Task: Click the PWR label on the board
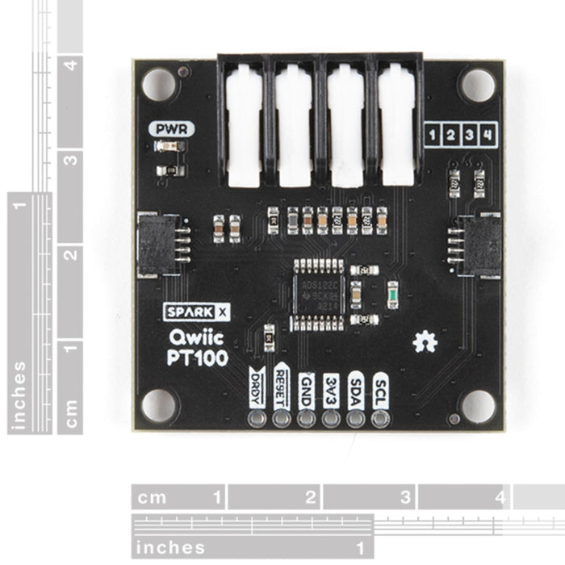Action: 170,128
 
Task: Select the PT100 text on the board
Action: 198,358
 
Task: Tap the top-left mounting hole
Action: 158,84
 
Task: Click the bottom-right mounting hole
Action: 477,406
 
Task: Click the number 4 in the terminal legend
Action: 487,134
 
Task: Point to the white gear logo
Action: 425,343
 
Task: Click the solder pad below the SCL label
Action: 379,418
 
